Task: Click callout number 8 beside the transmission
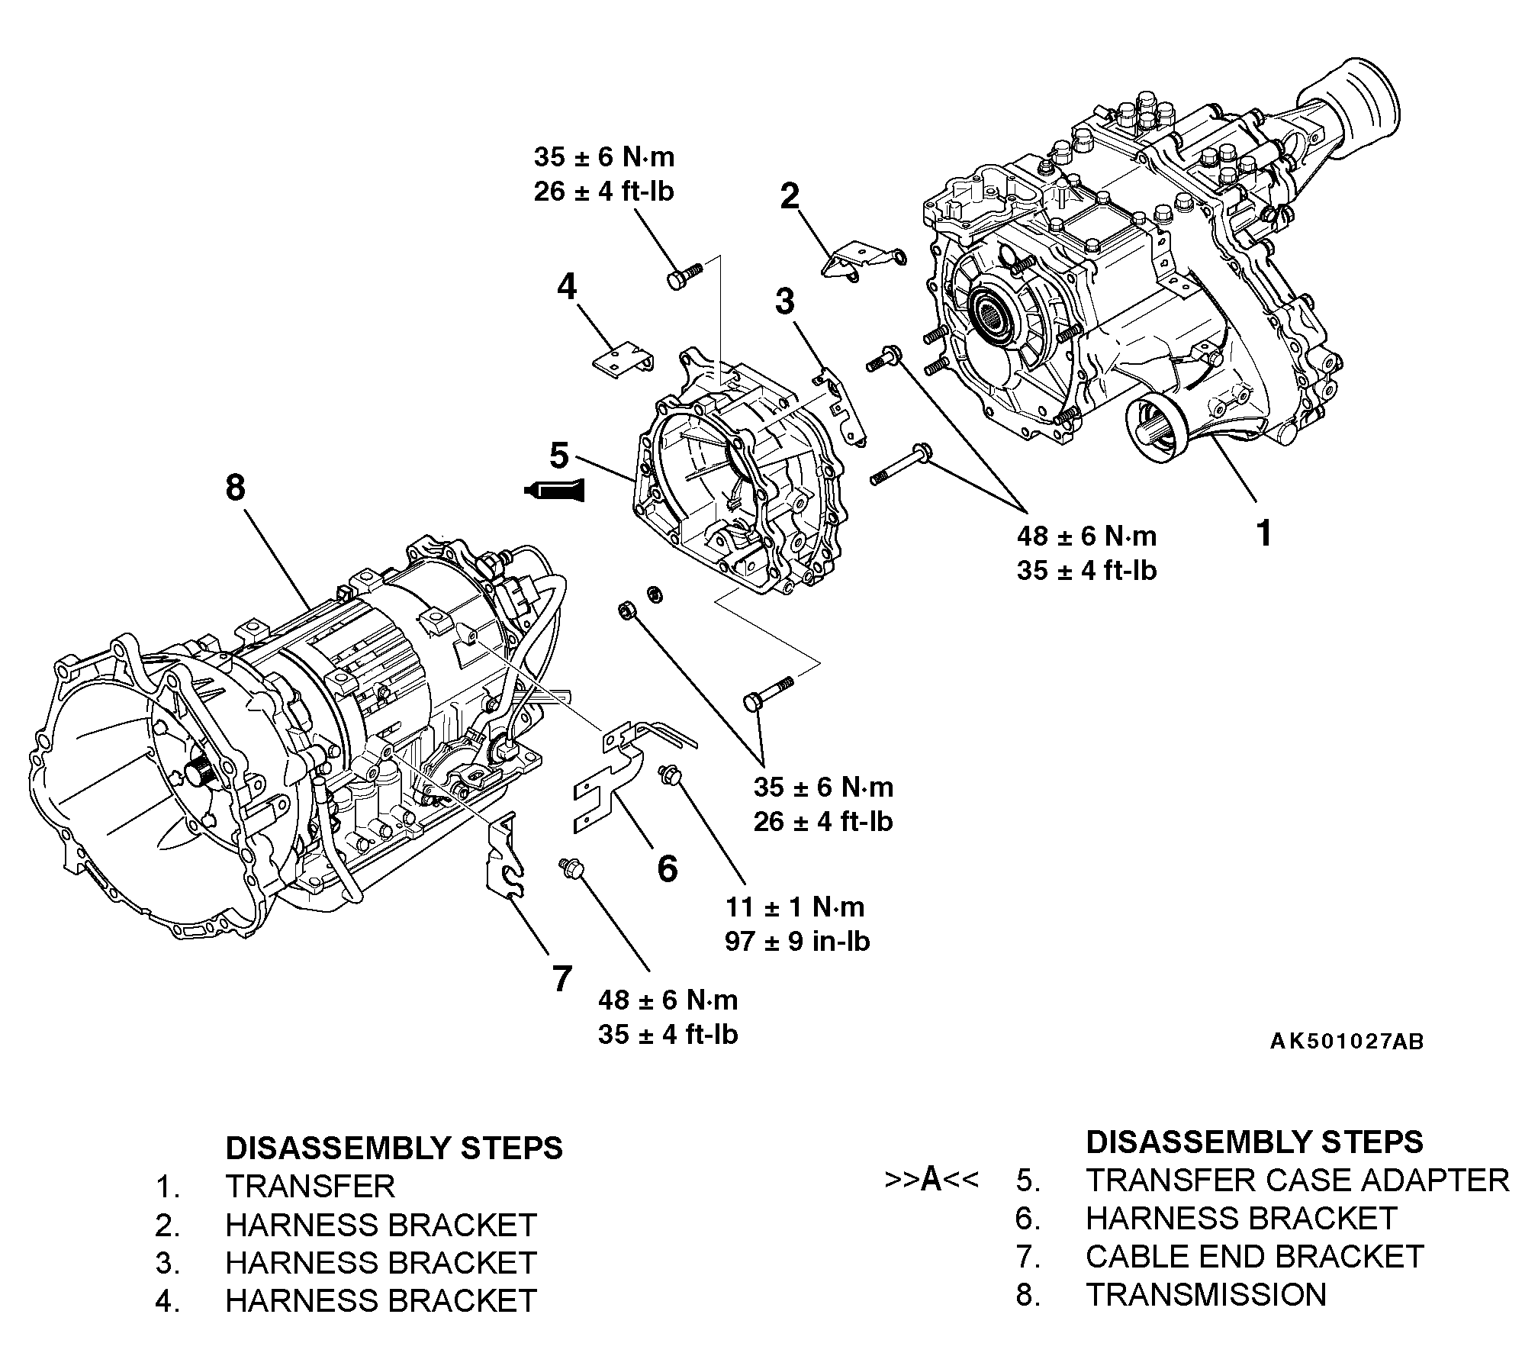click(235, 487)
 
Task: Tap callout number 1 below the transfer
click(1264, 533)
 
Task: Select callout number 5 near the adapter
click(559, 456)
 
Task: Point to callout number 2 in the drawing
click(790, 196)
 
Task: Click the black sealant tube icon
click(555, 490)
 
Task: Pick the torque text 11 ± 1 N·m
click(795, 907)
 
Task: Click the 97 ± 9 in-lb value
click(797, 942)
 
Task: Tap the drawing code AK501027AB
click(1347, 1042)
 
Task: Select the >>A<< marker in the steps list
click(931, 1180)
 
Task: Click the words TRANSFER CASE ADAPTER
click(1297, 1180)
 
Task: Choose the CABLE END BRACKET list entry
click(1254, 1257)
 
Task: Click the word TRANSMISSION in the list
click(1205, 1295)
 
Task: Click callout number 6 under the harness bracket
click(667, 868)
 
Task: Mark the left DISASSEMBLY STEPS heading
click(394, 1148)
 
